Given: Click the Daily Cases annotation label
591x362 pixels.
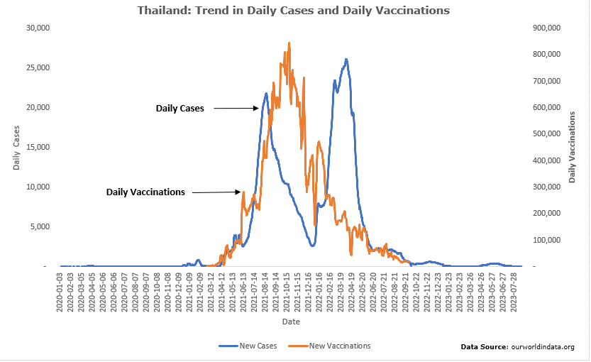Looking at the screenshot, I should pos(179,109).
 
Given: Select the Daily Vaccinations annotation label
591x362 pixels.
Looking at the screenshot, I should pos(145,192).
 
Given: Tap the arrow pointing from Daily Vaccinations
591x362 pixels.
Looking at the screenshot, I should pos(216,192).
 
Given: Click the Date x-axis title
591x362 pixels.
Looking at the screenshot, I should pos(291,321).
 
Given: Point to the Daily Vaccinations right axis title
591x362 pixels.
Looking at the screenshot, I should pos(572,147).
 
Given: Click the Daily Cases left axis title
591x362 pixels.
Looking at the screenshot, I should pos(16,147).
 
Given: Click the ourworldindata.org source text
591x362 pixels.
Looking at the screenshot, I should pos(517,346).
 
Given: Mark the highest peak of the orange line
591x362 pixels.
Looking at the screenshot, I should pos(289,43).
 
